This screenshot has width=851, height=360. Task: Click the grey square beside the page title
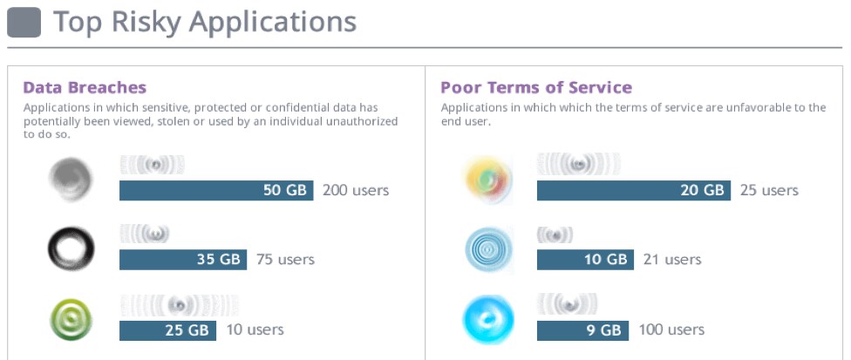pyautogui.click(x=24, y=23)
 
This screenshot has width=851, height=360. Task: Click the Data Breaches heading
pyautogui.click(x=85, y=87)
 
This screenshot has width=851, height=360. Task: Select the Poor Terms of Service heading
pyautogui.click(x=536, y=87)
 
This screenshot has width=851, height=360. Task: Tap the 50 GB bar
pyautogui.click(x=216, y=190)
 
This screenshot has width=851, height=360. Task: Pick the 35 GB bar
pyautogui.click(x=183, y=259)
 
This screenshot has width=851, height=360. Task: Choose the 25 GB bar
pyautogui.click(x=167, y=330)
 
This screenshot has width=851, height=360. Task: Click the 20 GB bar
pyautogui.click(x=634, y=190)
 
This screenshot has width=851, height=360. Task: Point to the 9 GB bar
pyautogui.click(x=582, y=330)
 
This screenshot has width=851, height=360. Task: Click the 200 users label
pyautogui.click(x=356, y=190)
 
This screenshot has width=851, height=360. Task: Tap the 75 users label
pyautogui.click(x=285, y=259)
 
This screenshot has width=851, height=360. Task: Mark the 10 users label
pyautogui.click(x=254, y=330)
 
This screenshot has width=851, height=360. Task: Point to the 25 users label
pyautogui.click(x=769, y=190)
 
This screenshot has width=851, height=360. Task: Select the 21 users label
pyautogui.click(x=671, y=259)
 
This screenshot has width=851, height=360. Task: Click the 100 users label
pyautogui.click(x=671, y=330)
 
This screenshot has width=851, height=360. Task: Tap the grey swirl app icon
pyautogui.click(x=71, y=179)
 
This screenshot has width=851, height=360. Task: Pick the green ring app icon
pyautogui.click(x=71, y=320)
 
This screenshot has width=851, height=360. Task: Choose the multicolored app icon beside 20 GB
pyautogui.click(x=488, y=180)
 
